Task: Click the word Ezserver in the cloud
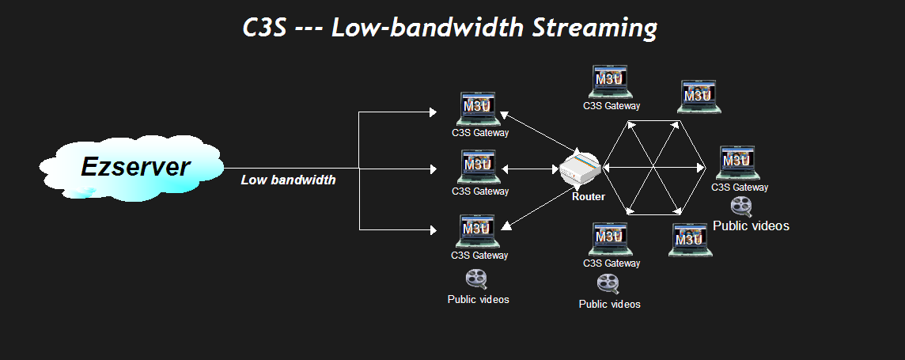click(x=135, y=167)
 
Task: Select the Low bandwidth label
click(x=288, y=180)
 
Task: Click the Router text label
click(x=588, y=196)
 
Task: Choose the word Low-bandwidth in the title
click(x=427, y=28)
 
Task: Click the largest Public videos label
click(x=751, y=225)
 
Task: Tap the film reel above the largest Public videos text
click(x=741, y=206)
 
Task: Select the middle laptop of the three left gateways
click(x=477, y=167)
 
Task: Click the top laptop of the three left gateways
click(x=477, y=109)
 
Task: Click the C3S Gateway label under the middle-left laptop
click(x=480, y=191)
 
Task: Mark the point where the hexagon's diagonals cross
click(x=653, y=167)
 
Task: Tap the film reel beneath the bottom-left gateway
click(x=476, y=279)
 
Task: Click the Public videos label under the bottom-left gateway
click(x=478, y=299)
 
